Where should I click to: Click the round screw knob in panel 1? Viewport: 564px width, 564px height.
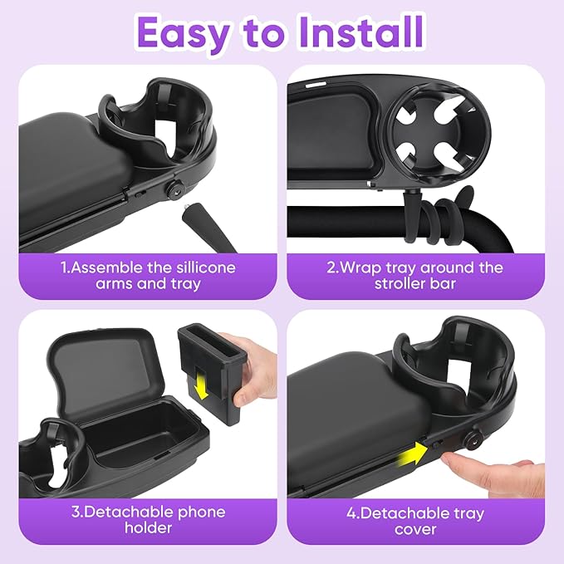(175, 189)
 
